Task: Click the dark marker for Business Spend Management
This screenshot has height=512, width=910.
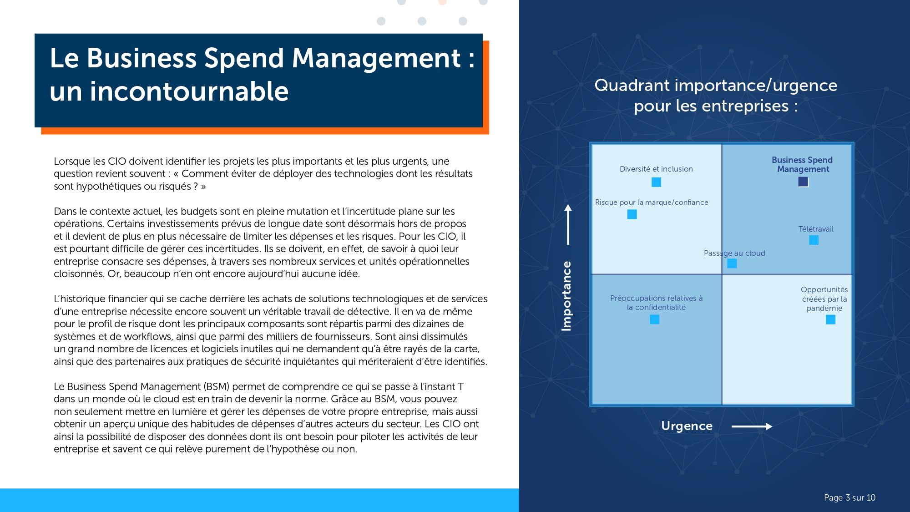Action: click(x=803, y=182)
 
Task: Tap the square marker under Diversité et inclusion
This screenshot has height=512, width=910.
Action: click(x=656, y=182)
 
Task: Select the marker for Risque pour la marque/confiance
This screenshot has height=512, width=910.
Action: click(x=632, y=214)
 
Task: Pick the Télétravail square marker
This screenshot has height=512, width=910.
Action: click(x=814, y=240)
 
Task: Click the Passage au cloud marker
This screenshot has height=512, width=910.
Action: click(x=732, y=263)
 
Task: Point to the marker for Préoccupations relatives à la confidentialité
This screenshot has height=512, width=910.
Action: click(x=654, y=319)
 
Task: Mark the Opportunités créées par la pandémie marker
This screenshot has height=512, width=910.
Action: click(x=830, y=319)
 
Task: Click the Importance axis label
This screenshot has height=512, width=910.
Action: click(x=566, y=296)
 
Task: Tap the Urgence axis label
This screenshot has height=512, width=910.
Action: click(x=687, y=426)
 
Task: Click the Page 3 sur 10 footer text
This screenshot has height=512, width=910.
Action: click(x=849, y=497)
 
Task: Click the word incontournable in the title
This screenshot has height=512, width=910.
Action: click(x=189, y=91)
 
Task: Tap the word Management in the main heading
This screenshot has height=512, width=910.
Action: click(x=376, y=58)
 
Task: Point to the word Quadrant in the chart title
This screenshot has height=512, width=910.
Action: click(x=632, y=86)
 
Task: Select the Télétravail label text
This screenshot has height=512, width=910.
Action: click(x=816, y=229)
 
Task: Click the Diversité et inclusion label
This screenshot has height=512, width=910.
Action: click(x=656, y=169)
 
